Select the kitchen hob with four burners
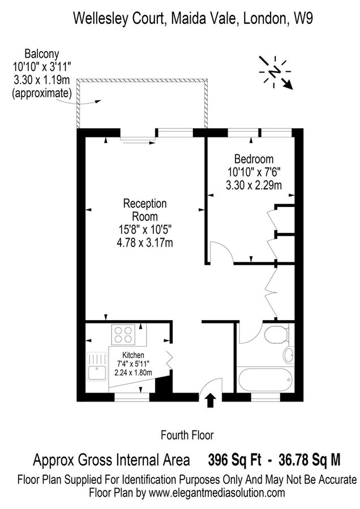(x=124, y=333)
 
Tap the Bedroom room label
(x=250, y=159)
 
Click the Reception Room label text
(x=145, y=210)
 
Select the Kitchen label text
(x=134, y=355)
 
